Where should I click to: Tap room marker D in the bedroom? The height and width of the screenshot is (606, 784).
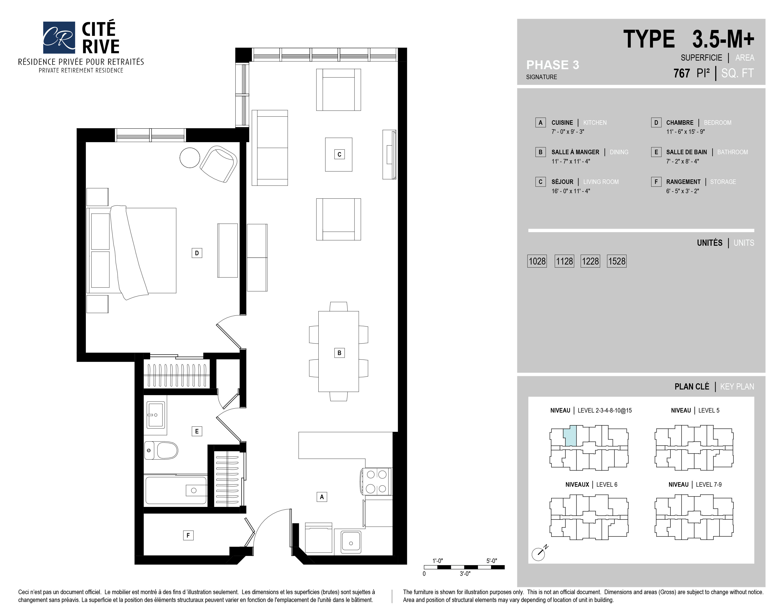[x=197, y=253]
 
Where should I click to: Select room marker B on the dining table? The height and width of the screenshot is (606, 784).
[x=339, y=353]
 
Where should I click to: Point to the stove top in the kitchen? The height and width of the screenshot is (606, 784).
[x=377, y=481]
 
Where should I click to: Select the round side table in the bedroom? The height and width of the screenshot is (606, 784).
[x=190, y=158]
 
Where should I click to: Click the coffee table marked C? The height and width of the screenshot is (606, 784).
[x=339, y=154]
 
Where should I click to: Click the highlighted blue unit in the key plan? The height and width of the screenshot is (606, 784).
[x=570, y=436]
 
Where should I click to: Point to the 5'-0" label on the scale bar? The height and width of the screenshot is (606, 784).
[x=492, y=561]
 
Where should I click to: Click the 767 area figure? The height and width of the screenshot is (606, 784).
[x=681, y=73]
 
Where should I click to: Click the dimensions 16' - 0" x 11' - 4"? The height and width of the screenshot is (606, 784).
[x=571, y=191]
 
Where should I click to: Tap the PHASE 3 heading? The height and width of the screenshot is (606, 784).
[x=552, y=65]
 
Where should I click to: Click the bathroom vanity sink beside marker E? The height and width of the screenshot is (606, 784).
[x=156, y=415]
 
